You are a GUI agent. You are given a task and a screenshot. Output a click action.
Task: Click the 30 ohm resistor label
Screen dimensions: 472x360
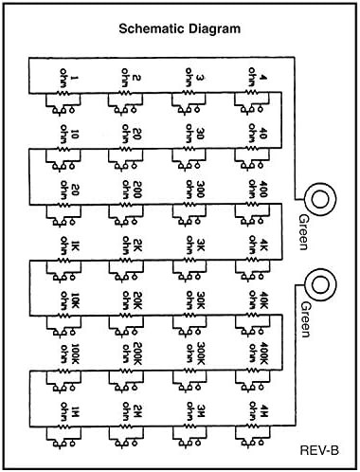coord(194,134)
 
